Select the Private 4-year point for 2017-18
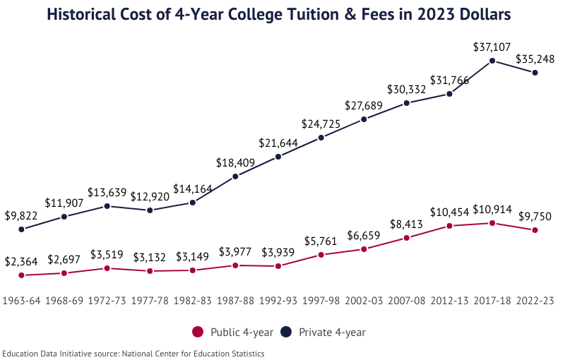[x=492, y=61]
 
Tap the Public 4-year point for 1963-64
[x=21, y=275]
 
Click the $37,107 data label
[x=492, y=47]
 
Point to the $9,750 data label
[x=535, y=216]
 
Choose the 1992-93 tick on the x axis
[x=278, y=300]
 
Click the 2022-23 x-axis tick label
[x=535, y=300]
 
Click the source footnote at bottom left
[x=133, y=353]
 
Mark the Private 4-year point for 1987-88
[x=235, y=176]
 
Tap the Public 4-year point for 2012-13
[x=449, y=226]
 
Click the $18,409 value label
[x=235, y=162]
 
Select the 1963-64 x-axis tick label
[x=21, y=300]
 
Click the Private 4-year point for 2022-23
[x=535, y=73]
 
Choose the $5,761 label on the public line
[x=321, y=241]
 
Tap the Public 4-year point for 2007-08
[x=407, y=238]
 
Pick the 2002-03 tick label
[x=364, y=300]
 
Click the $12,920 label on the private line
[x=150, y=196]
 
